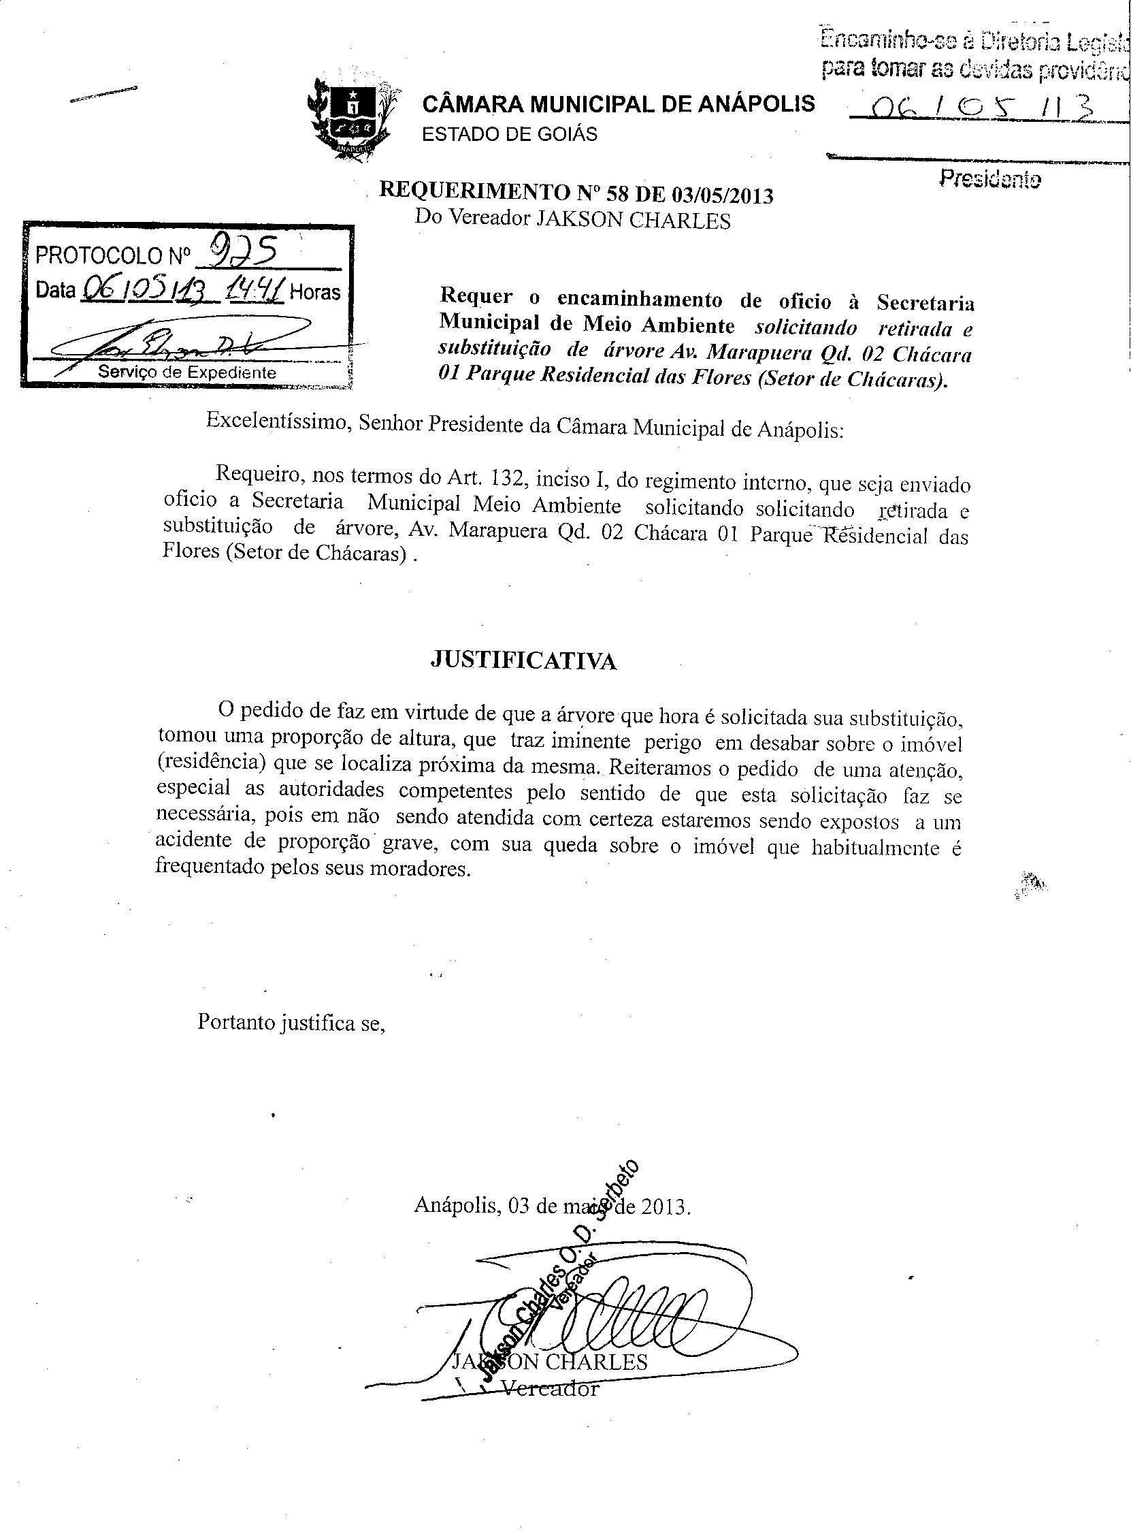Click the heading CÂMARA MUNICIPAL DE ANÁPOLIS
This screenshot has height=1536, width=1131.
pyautogui.click(x=619, y=103)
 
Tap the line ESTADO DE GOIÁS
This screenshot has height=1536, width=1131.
pyautogui.click(x=510, y=133)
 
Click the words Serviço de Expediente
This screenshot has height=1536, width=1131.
pyautogui.click(x=188, y=372)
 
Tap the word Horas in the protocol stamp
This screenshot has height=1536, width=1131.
pyautogui.click(x=315, y=292)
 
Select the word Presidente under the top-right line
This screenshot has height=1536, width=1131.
pyautogui.click(x=990, y=180)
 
